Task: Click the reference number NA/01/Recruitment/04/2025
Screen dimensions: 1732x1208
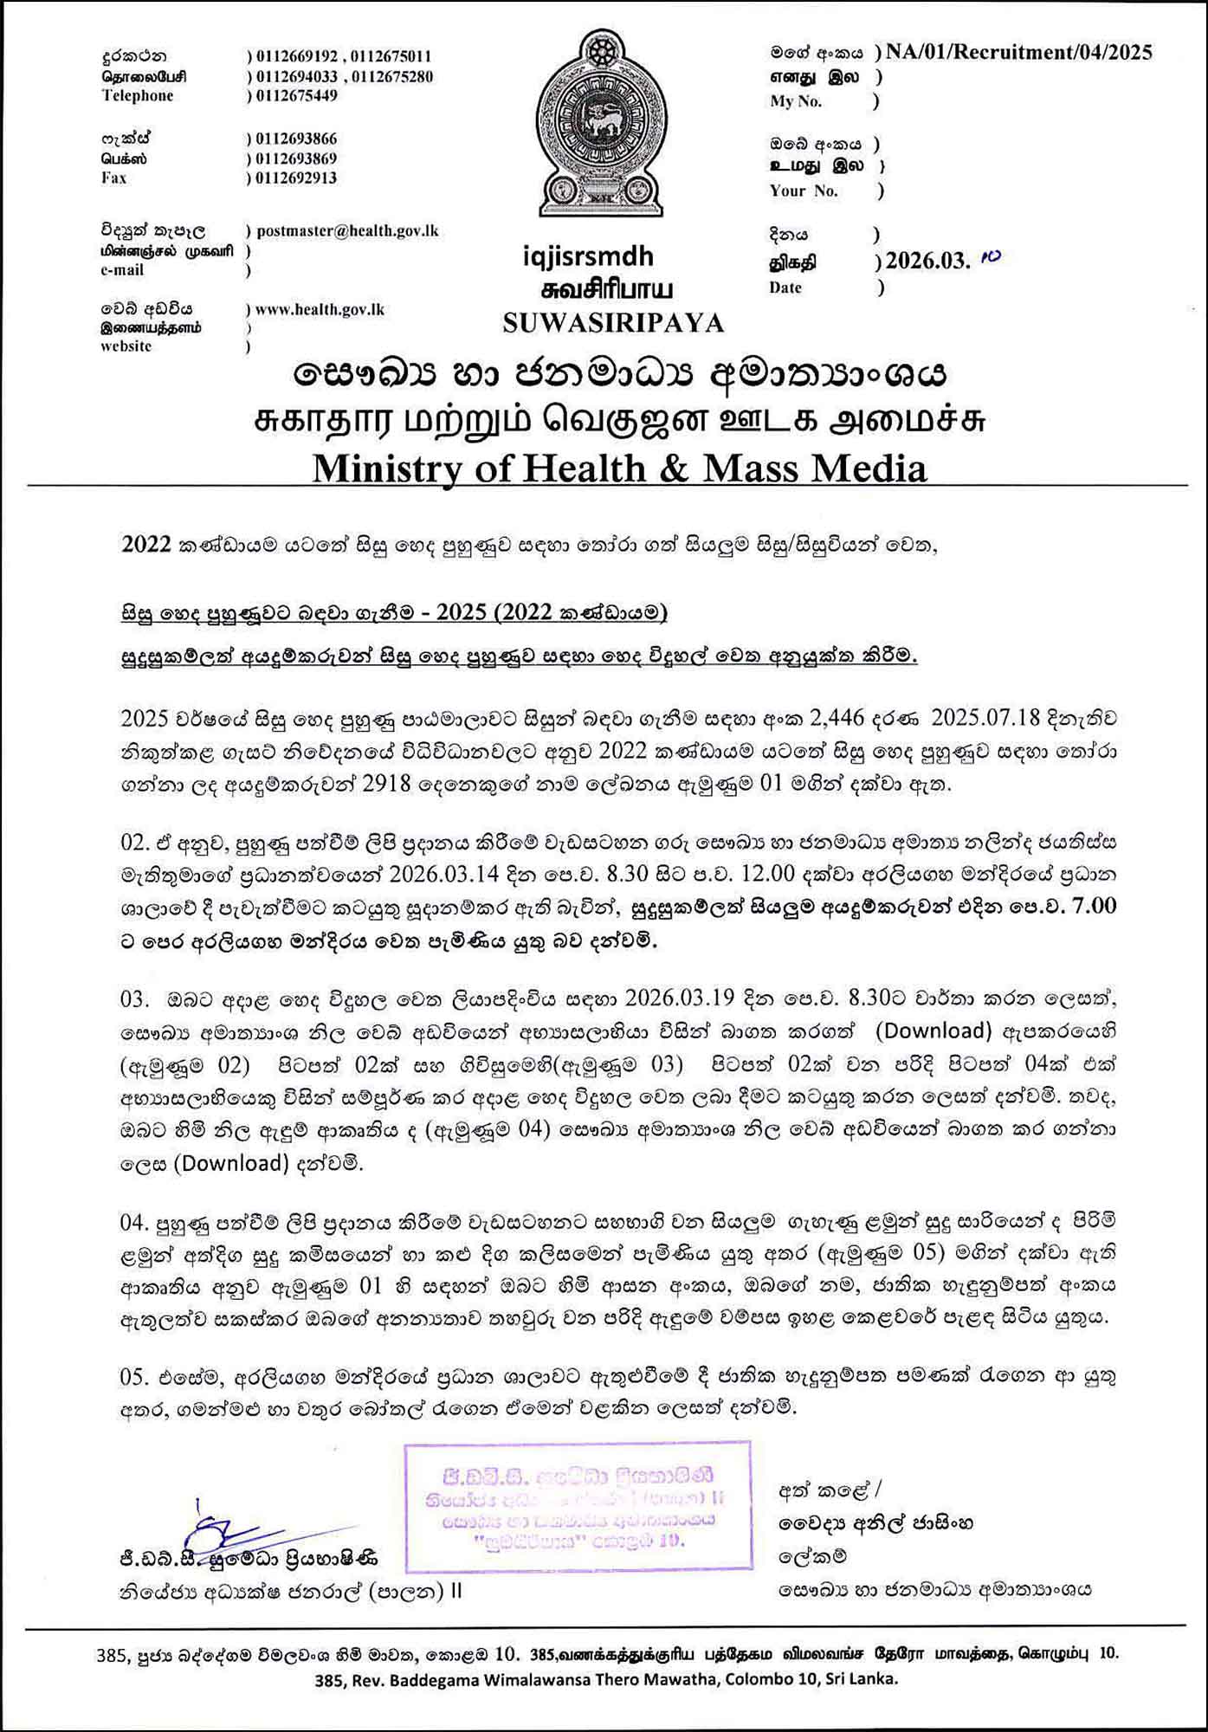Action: [1017, 53]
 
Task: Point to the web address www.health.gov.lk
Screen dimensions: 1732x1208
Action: [320, 309]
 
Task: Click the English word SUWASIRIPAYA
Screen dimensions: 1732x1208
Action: [613, 323]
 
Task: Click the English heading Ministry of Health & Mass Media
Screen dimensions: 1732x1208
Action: [619, 469]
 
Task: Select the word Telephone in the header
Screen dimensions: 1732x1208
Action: [138, 96]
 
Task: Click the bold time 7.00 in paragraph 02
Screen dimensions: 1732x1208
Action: [1094, 907]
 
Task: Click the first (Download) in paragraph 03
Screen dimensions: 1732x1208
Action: [933, 1031]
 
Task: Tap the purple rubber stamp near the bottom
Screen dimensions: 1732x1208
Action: [577, 1507]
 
